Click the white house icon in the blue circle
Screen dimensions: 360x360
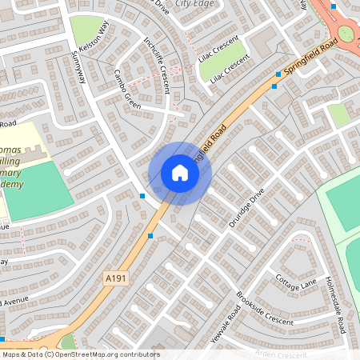(180, 173)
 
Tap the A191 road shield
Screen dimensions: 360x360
(116, 278)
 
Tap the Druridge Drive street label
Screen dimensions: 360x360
(246, 208)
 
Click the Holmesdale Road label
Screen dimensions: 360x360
(335, 307)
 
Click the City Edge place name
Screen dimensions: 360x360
(194, 4)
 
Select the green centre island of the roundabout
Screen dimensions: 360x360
(346, 34)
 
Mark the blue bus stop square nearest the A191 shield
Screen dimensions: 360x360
(151, 236)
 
